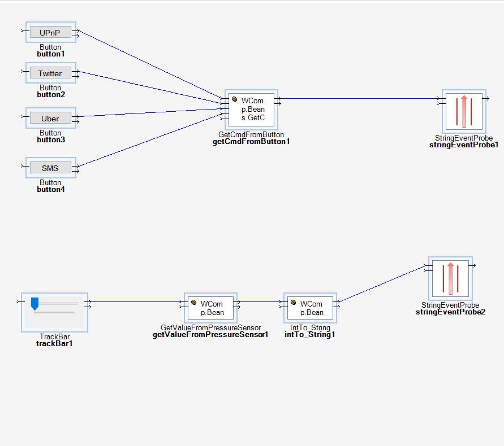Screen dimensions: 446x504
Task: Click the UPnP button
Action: point(50,33)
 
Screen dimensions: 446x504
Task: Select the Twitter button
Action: point(50,73)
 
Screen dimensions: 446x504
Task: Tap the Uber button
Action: point(50,119)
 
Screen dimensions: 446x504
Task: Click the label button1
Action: point(51,54)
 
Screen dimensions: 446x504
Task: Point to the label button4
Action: point(51,190)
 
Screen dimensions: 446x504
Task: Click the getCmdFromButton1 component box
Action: point(252,109)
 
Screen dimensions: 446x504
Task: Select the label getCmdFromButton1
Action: point(251,142)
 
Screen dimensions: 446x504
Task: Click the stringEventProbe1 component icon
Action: point(464,111)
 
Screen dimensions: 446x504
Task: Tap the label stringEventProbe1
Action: point(464,145)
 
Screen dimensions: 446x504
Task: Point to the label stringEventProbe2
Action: point(450,312)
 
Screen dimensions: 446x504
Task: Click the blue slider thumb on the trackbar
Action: point(35,304)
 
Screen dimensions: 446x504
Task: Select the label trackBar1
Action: point(55,344)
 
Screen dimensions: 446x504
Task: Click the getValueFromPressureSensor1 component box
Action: point(211,308)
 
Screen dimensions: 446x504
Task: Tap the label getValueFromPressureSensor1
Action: point(210,335)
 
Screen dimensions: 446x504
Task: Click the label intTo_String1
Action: point(310,335)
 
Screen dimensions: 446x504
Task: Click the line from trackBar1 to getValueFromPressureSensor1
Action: point(136,301)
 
